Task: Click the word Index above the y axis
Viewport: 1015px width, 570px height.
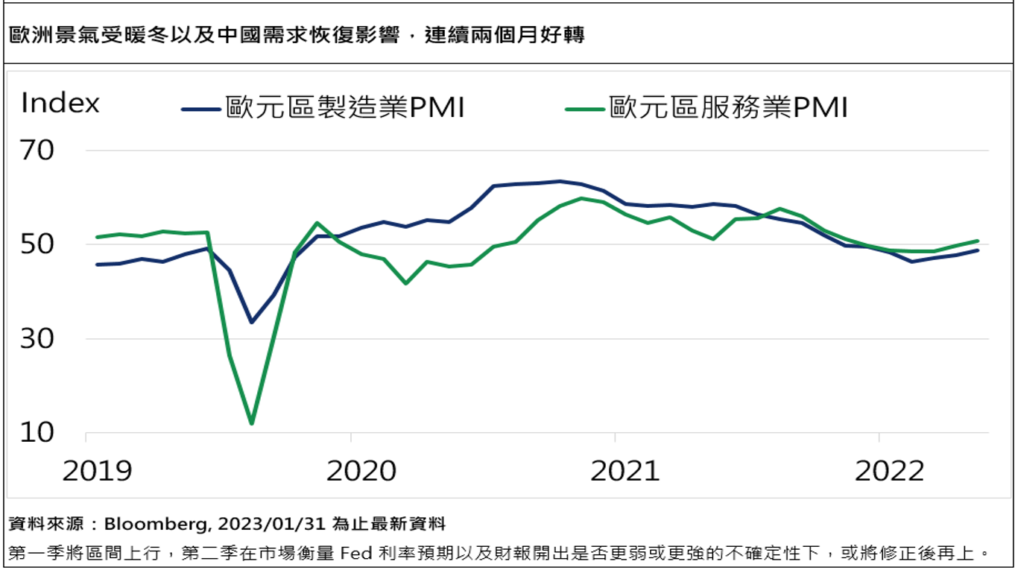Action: (x=60, y=104)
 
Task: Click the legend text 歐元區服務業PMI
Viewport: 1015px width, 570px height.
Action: (x=729, y=108)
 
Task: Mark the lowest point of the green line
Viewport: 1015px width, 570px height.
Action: (x=251, y=423)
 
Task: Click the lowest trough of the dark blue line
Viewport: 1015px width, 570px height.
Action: (x=252, y=322)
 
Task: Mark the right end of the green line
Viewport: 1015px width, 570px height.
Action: (x=978, y=241)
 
